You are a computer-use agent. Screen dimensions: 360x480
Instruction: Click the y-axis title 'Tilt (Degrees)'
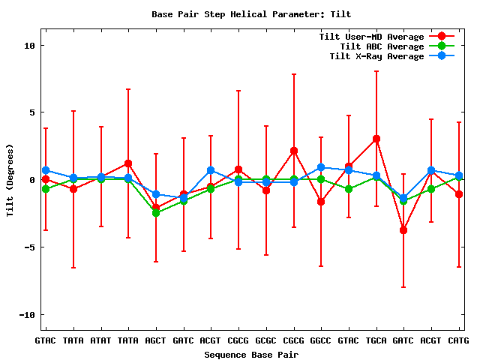pyautogui.click(x=10, y=180)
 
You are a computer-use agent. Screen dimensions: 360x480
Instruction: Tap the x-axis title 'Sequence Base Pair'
pyautogui.click(x=251, y=354)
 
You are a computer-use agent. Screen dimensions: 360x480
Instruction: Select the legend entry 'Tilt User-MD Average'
pyautogui.click(x=371, y=37)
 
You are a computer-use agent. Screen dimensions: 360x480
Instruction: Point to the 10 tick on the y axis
pyautogui.click(x=30, y=45)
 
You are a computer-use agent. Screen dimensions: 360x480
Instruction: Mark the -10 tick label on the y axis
pyautogui.click(x=28, y=314)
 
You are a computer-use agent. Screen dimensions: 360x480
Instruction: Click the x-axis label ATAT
pyautogui.click(x=100, y=341)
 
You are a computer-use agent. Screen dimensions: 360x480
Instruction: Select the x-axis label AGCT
pyautogui.click(x=156, y=341)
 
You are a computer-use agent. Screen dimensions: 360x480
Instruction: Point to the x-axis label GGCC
pyautogui.click(x=321, y=341)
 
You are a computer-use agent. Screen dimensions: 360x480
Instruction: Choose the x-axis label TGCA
pyautogui.click(x=376, y=341)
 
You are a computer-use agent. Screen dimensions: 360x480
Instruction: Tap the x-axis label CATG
pyautogui.click(x=458, y=341)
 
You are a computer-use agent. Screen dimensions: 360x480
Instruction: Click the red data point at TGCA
pyautogui.click(x=376, y=139)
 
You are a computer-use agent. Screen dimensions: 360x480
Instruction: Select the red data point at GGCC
pyautogui.click(x=321, y=202)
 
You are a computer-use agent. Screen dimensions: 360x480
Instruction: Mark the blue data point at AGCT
pyautogui.click(x=156, y=194)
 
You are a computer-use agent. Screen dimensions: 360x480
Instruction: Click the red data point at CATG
pyautogui.click(x=459, y=194)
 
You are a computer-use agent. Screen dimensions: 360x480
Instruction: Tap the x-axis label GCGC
pyautogui.click(x=265, y=341)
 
